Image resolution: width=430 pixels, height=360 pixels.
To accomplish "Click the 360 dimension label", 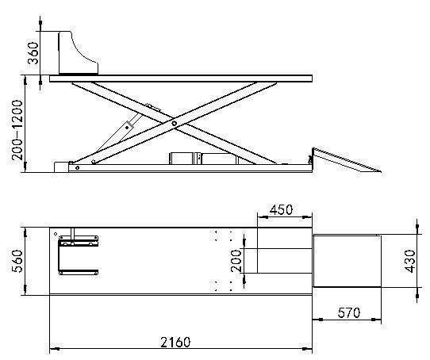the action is coord(33,53).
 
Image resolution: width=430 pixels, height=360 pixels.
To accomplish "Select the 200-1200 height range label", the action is coord(17,130).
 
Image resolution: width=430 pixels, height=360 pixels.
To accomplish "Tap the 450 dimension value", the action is coord(281,210).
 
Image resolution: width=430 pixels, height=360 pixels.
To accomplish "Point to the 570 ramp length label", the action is coord(348,312).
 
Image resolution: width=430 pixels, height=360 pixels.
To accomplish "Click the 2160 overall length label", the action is coord(175,343).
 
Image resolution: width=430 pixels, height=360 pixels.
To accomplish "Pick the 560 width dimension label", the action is coord(17,261).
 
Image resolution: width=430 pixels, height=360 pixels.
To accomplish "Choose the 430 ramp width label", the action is coord(410,261).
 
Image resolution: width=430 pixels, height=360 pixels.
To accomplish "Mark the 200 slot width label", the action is coord(236,260).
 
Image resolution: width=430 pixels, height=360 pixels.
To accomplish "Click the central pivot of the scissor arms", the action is coord(174,124).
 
